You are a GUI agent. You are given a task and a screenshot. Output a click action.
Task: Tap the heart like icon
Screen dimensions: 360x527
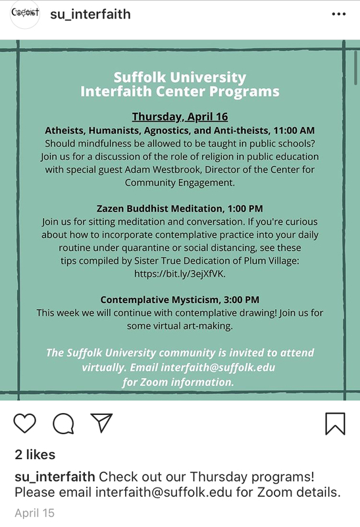pos(24,423)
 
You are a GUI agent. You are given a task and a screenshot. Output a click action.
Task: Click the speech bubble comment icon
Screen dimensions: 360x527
pos(63,424)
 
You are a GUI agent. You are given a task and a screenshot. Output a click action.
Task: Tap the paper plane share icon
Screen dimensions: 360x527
pos(101,423)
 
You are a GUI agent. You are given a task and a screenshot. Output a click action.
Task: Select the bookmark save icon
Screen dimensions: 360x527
pos(335,423)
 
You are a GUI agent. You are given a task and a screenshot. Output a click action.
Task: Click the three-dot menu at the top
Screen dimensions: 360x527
pos(338,14)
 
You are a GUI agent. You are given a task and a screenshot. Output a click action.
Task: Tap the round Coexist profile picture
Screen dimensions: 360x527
pos(26,14)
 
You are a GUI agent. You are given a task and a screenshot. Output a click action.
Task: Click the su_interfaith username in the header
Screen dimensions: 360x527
pos(90,14)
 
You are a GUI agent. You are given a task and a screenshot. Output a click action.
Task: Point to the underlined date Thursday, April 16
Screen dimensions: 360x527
pos(180,117)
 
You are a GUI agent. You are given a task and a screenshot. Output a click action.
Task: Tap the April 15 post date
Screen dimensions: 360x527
pos(34,513)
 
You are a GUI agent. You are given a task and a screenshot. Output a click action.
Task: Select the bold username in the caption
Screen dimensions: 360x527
pos(55,476)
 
